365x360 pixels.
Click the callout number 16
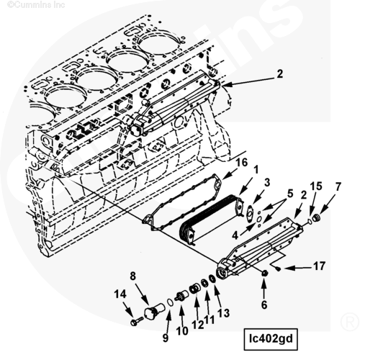242,163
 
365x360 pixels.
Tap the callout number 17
320,266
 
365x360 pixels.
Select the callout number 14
120,294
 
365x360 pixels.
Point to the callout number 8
133,276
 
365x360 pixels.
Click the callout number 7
338,186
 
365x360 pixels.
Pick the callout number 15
316,186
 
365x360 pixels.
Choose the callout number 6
264,305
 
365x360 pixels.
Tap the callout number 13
223,313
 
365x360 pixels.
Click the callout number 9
166,338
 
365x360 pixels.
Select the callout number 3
267,182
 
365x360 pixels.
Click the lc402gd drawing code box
271,339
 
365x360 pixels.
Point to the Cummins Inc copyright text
36,4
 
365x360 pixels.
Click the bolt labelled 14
137,320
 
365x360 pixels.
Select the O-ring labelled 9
170,302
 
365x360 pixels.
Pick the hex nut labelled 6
264,273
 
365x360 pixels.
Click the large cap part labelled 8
153,311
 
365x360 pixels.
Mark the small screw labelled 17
279,269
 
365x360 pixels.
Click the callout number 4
235,235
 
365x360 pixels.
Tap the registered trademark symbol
349,322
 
